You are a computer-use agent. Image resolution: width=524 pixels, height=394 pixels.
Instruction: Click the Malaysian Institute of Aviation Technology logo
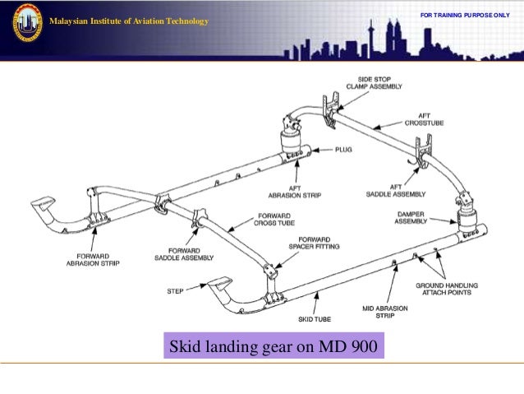pyautogui.click(x=27, y=22)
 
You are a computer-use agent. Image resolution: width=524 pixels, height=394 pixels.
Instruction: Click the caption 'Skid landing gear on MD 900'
pyautogui.click(x=273, y=347)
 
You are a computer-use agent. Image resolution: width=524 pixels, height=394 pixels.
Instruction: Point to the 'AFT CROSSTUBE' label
pyautogui.click(x=423, y=119)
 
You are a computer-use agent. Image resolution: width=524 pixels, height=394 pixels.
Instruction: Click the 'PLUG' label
pyautogui.click(x=342, y=151)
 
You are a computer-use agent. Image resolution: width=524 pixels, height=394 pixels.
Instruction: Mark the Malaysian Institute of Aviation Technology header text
pyautogui.click(x=129, y=21)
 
